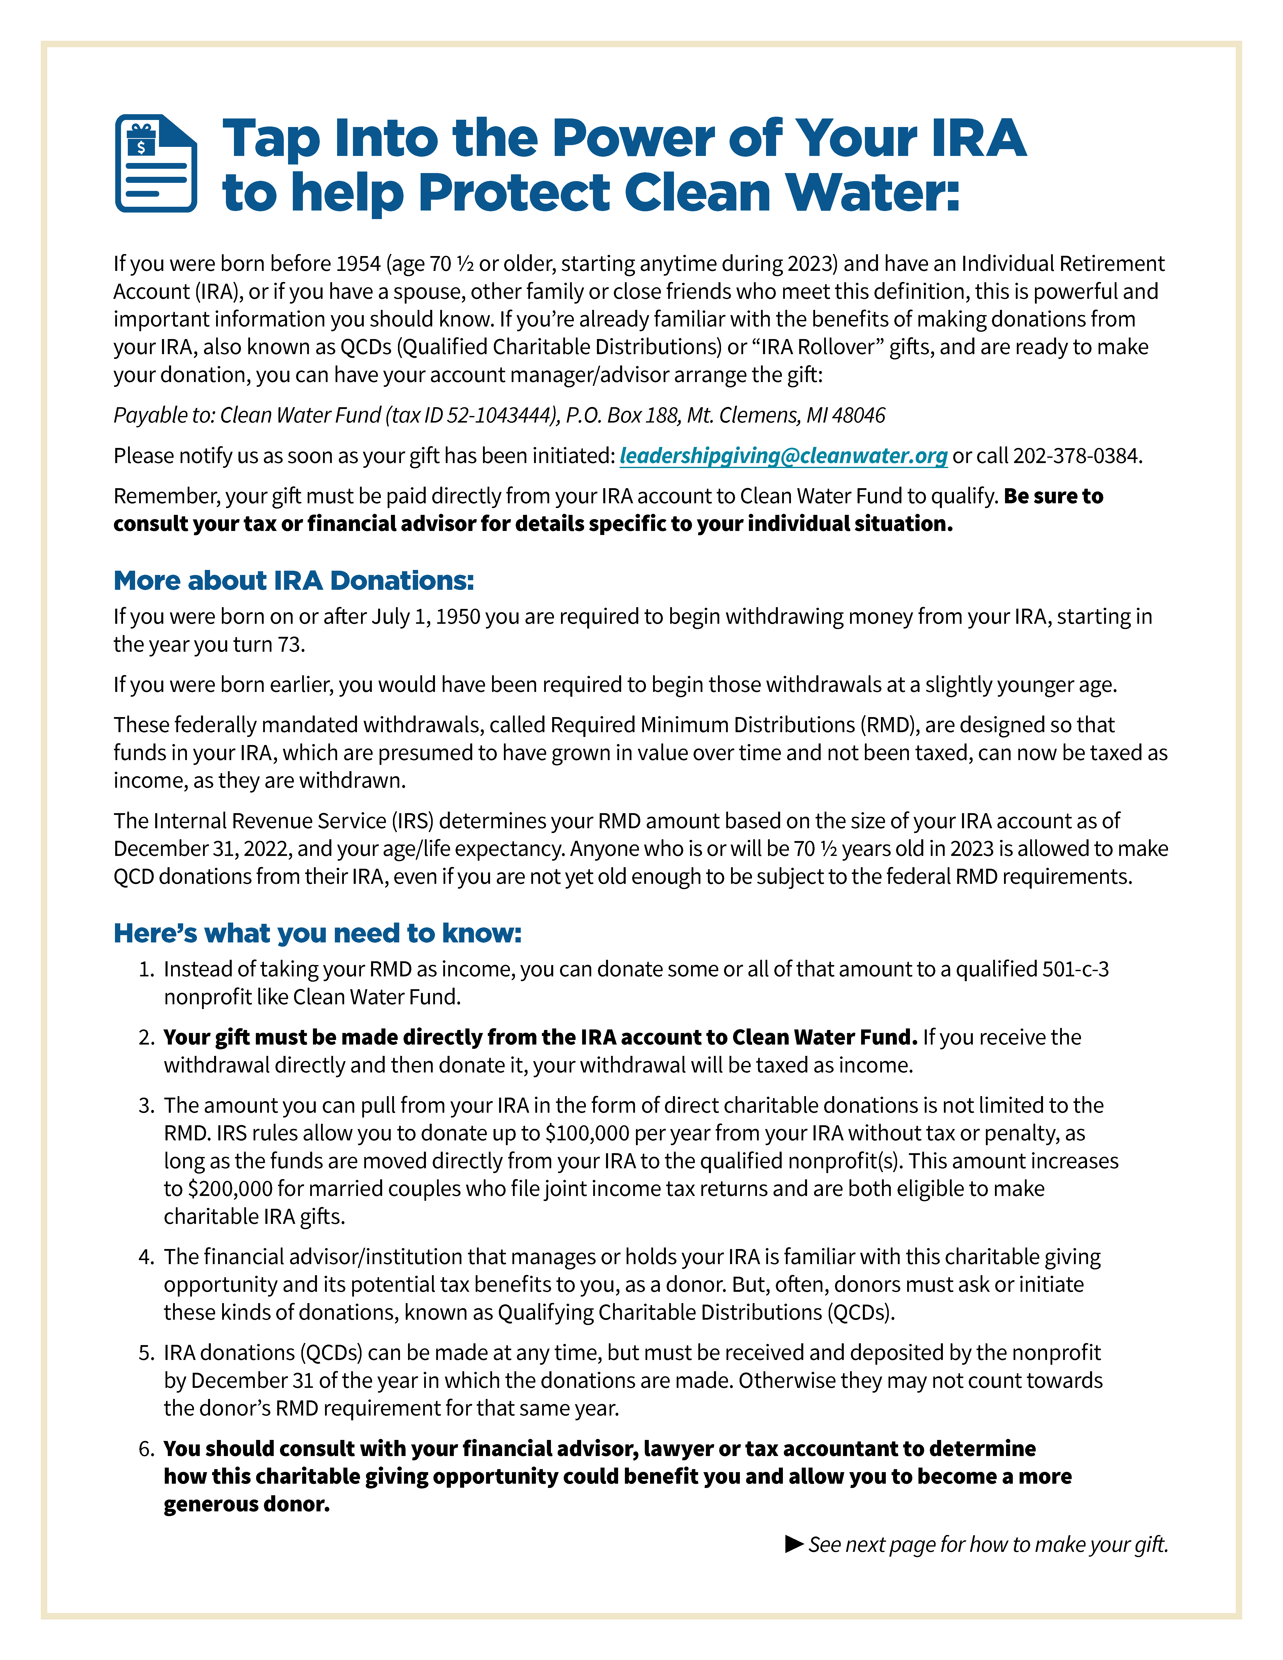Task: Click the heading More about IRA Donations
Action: (293, 581)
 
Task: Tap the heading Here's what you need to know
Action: (318, 933)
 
